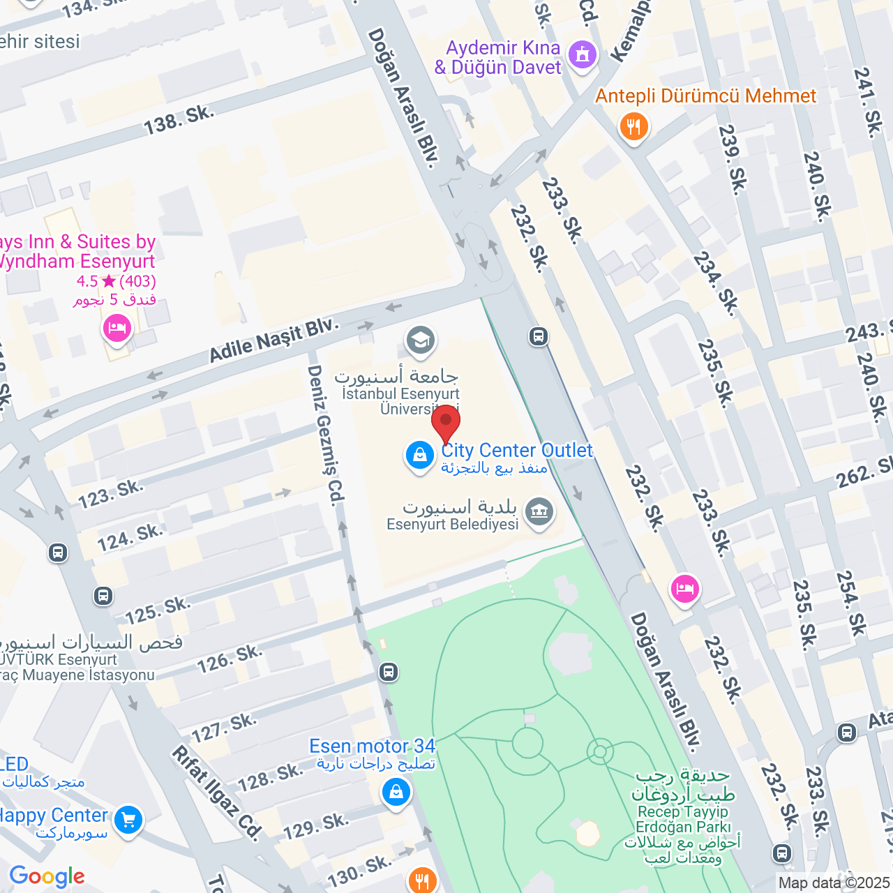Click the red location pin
click(x=446, y=423)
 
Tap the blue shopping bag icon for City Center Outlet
click(x=419, y=456)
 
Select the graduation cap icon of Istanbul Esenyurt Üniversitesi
click(x=420, y=341)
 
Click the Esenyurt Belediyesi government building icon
click(x=539, y=512)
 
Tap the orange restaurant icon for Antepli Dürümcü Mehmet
click(x=633, y=127)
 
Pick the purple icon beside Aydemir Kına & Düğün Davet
click(x=583, y=54)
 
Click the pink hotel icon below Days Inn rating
click(x=117, y=328)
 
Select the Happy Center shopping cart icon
click(x=128, y=820)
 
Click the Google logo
click(x=47, y=876)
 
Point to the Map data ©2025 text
click(x=834, y=883)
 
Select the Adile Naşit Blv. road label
click(x=273, y=340)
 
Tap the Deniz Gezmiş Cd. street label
click(x=326, y=435)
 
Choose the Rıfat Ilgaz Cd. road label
click(x=217, y=793)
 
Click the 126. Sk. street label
click(x=230, y=659)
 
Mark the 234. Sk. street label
click(x=716, y=283)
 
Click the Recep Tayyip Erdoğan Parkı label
click(x=682, y=819)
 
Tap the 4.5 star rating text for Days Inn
click(x=116, y=281)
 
